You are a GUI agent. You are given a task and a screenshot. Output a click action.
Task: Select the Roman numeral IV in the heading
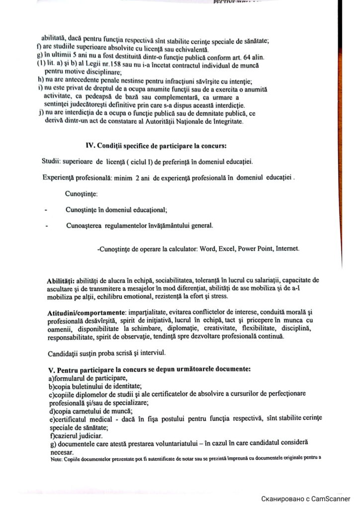click(x=90, y=146)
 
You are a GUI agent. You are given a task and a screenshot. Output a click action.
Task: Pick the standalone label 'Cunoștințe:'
click(x=82, y=193)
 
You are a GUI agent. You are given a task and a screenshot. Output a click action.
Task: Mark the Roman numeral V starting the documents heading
click(x=49, y=370)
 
